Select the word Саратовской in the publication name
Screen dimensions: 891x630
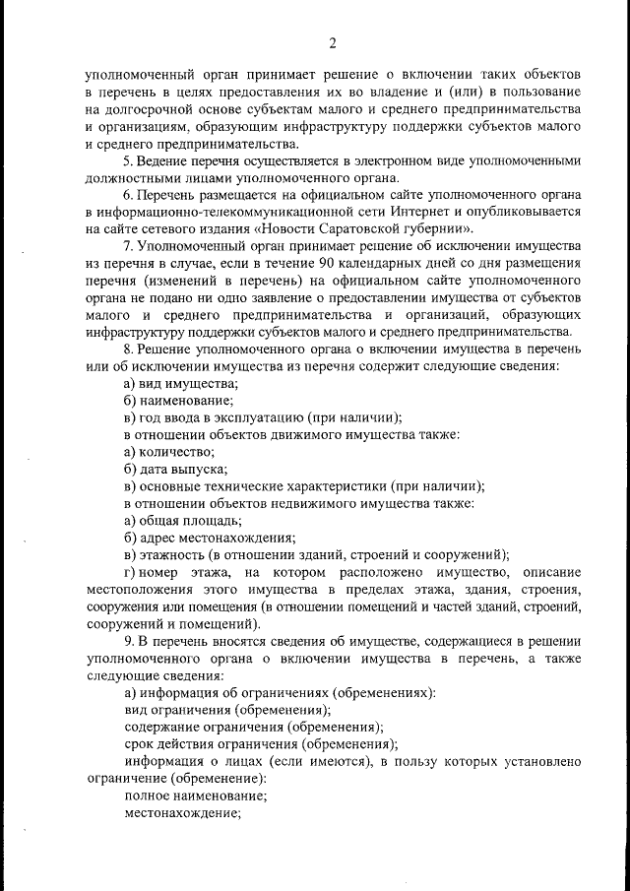click(x=379, y=228)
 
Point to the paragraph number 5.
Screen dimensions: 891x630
click(x=127, y=160)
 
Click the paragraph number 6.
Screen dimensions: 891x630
click(x=127, y=195)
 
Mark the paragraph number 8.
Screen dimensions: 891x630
click(x=127, y=349)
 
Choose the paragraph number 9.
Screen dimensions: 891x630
click(x=127, y=640)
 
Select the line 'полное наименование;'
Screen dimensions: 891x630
click(x=196, y=795)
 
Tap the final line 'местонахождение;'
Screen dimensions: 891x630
click(x=183, y=812)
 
